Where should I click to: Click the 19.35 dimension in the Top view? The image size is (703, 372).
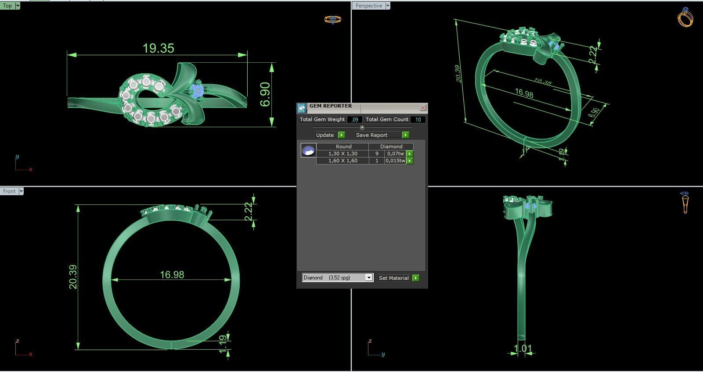click(x=159, y=48)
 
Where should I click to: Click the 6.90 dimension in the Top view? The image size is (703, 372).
click(x=265, y=94)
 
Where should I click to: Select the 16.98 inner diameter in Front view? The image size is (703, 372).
click(x=172, y=275)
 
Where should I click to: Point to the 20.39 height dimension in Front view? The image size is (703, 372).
click(x=73, y=277)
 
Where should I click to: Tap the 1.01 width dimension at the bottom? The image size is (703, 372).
click(x=523, y=349)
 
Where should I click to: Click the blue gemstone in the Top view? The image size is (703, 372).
click(x=197, y=91)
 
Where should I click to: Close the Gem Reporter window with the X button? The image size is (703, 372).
click(x=423, y=107)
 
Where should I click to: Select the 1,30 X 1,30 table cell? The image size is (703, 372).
click(x=342, y=154)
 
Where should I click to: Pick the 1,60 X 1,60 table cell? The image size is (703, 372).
click(x=342, y=161)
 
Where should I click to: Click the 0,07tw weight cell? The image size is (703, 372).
click(x=395, y=154)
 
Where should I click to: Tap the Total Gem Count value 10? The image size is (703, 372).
click(x=418, y=119)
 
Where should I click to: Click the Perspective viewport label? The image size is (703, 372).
click(x=368, y=6)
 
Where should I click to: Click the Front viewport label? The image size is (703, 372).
click(x=9, y=191)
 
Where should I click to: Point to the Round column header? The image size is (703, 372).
click(x=343, y=147)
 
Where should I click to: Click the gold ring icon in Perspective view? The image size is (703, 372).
click(x=685, y=18)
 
